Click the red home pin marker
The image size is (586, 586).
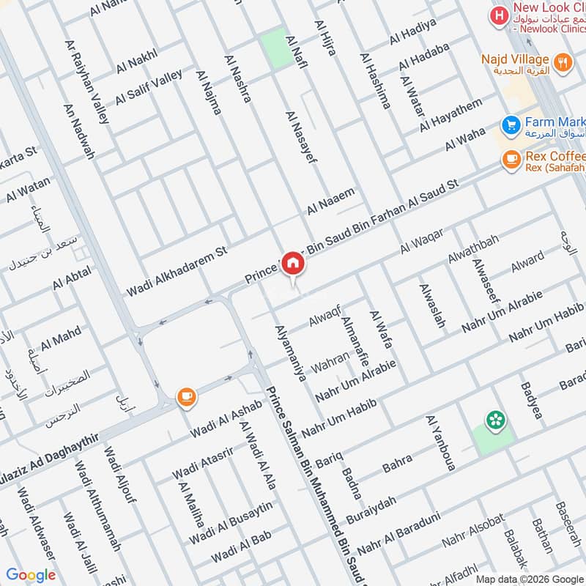[293, 264]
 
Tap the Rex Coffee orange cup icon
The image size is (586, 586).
[511, 158]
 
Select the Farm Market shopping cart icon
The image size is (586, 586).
[511, 123]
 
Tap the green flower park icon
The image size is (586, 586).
[496, 420]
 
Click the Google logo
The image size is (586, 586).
[31, 575]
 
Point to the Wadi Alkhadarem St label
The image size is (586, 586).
[177, 271]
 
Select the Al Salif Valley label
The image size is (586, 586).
[149, 87]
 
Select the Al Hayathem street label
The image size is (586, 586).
[451, 116]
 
